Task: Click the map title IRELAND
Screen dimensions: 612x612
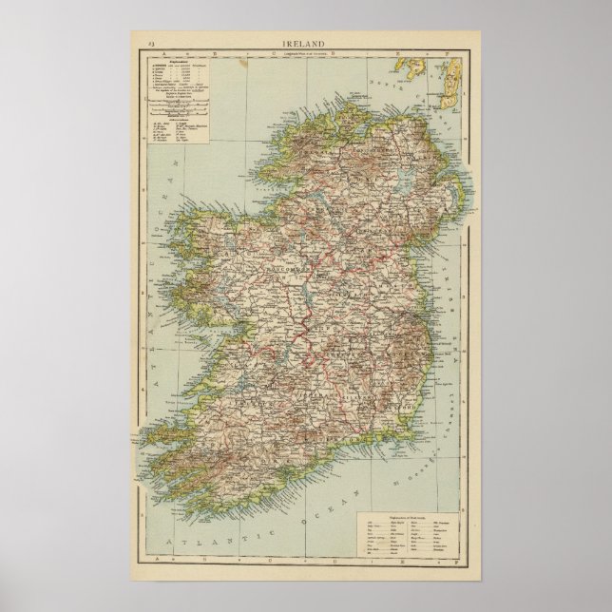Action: point(307,42)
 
